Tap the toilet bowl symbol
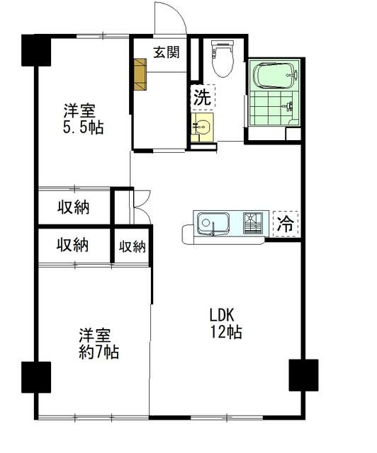point(222,59)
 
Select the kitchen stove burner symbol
point(252,222)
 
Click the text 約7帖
point(98,352)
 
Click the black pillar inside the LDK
point(303,375)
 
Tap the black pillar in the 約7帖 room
point(36,377)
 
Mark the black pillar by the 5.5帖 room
point(35,50)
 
